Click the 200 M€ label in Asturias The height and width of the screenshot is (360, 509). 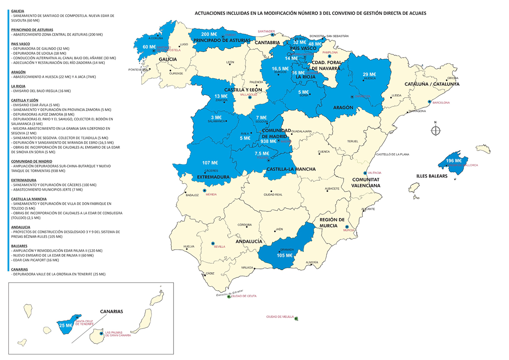pyautogui.click(x=209, y=34)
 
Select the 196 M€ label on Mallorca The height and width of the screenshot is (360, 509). pyautogui.click(x=453, y=161)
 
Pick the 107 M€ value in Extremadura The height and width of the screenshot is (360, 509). pyautogui.click(x=210, y=163)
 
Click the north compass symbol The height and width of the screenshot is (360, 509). pyautogui.click(x=436, y=130)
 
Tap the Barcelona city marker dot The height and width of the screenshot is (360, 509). pyautogui.click(x=430, y=102)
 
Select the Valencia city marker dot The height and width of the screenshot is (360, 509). pyautogui.click(x=365, y=173)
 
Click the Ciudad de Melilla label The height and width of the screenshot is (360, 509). pyautogui.click(x=280, y=317)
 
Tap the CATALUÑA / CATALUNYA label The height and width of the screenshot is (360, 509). pyautogui.click(x=432, y=84)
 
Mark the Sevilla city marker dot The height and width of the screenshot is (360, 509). pyautogui.click(x=213, y=243)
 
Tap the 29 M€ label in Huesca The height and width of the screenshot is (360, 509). pyautogui.click(x=369, y=74)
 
